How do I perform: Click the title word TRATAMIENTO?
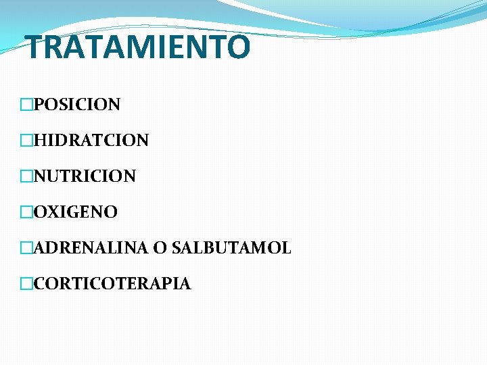point(137,47)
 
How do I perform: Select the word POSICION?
point(76,105)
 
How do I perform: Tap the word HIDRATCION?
point(91,141)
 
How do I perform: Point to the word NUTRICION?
point(85,176)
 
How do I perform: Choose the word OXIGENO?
point(75,212)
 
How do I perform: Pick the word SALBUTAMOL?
point(231,248)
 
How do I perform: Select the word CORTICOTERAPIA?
point(112,284)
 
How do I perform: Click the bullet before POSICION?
point(26,105)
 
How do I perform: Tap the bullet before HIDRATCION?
point(26,141)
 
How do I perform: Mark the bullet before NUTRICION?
point(26,176)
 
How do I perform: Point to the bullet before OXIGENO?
point(26,212)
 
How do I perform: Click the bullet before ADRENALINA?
point(26,248)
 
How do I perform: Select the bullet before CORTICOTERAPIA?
point(26,284)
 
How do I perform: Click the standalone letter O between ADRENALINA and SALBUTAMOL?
point(160,248)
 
